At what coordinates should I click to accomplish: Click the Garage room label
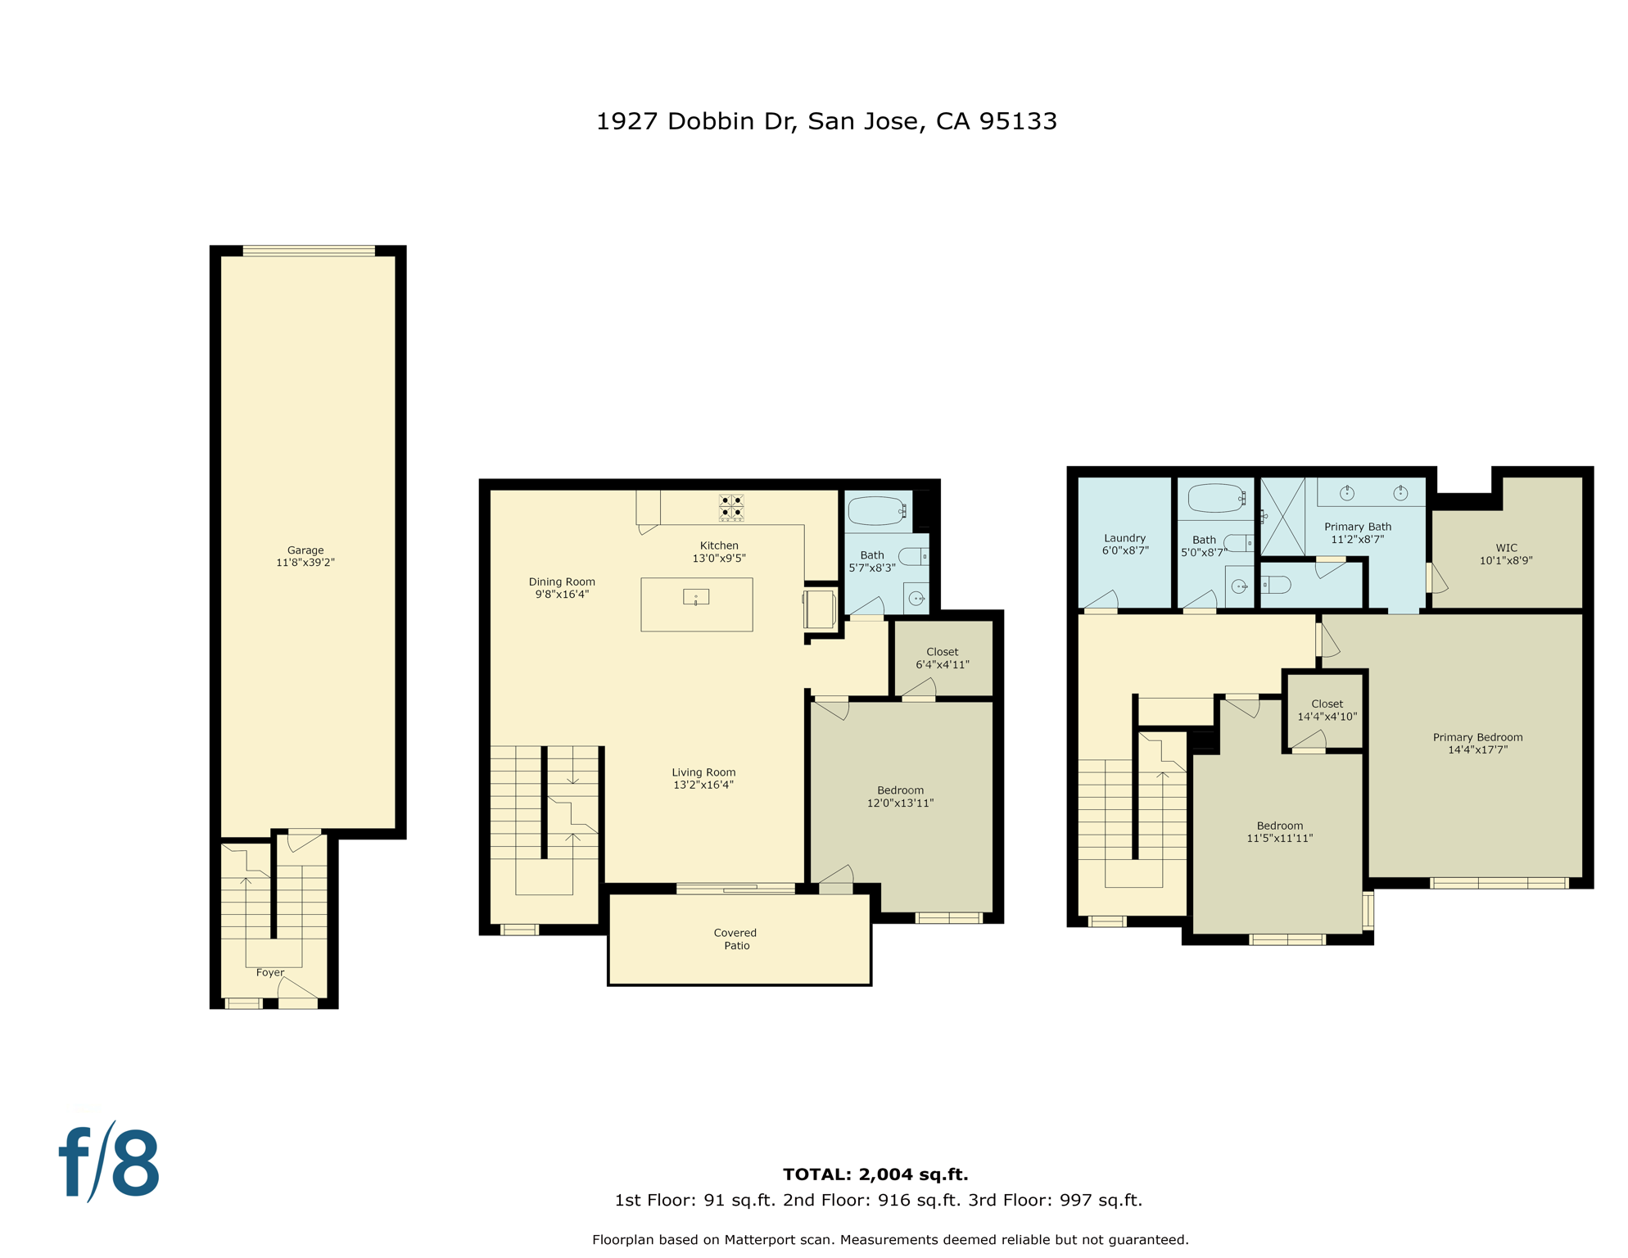tap(305, 556)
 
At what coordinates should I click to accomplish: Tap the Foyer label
tap(270, 972)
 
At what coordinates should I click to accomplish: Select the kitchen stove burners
tap(731, 508)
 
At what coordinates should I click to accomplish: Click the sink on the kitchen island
tap(696, 597)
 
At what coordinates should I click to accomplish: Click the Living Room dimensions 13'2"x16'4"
tap(703, 785)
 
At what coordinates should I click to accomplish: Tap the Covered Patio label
tap(735, 939)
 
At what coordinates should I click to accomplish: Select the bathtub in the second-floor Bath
tap(876, 510)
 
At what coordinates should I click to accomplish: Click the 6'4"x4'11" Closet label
tap(943, 658)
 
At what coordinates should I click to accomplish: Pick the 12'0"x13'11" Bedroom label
tap(900, 797)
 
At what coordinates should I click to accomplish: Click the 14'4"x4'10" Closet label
tap(1327, 709)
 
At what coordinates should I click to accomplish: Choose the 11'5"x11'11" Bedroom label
tap(1279, 831)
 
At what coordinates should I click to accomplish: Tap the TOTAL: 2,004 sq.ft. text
tap(875, 1174)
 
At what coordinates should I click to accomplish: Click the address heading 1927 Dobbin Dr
tap(826, 121)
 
